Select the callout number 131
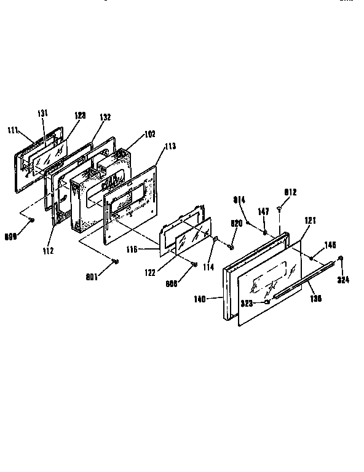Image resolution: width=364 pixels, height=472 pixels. point(42,113)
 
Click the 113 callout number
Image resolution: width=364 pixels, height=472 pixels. point(170,146)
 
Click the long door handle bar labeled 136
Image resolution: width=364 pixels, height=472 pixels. point(301,284)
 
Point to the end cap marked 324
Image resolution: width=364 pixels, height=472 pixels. point(341,258)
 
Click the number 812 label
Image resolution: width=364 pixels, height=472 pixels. point(290,192)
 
